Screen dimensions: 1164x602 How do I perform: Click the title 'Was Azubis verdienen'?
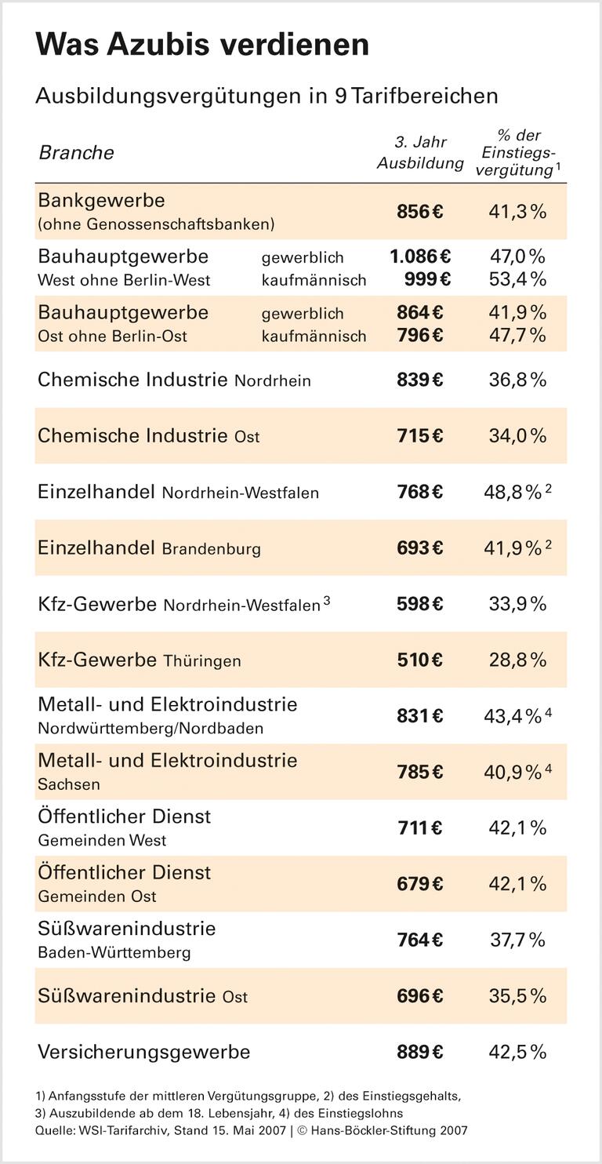click(x=202, y=45)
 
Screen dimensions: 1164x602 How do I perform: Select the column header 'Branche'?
click(x=76, y=152)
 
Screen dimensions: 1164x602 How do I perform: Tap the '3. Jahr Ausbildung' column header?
click(x=420, y=152)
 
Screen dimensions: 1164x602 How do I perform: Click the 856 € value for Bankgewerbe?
click(x=419, y=212)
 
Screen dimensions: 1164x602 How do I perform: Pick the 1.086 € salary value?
click(x=420, y=256)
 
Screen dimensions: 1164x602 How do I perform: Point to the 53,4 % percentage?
click(x=517, y=280)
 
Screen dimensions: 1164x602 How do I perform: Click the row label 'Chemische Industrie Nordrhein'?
click(x=174, y=380)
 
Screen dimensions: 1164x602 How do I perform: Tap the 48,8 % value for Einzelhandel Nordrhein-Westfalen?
click(x=513, y=492)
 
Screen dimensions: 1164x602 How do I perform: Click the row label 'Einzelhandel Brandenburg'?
click(x=149, y=548)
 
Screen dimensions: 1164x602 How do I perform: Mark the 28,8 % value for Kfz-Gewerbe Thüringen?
click(x=517, y=660)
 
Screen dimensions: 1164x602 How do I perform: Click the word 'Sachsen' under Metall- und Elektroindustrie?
click(x=69, y=784)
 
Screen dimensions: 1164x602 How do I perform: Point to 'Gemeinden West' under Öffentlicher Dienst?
click(x=102, y=840)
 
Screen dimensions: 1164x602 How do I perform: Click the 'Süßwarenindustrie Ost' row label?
click(x=143, y=996)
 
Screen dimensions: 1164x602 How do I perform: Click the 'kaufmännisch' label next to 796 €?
click(x=314, y=336)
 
